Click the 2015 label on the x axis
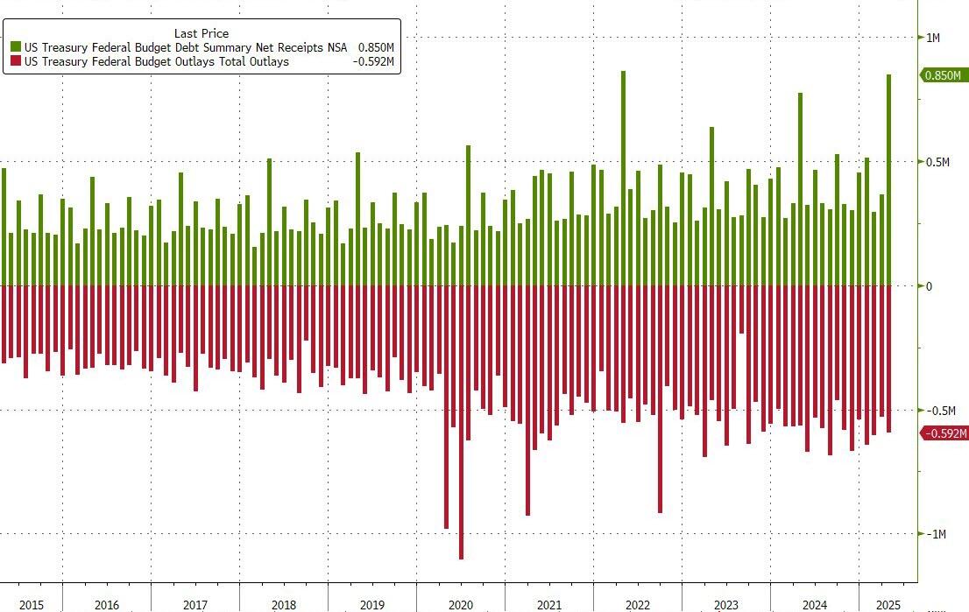pyautogui.click(x=31, y=605)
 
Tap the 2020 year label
pyautogui.click(x=460, y=605)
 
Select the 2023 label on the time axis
pyautogui.click(x=725, y=605)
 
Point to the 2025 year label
pyautogui.click(x=888, y=605)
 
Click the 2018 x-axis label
pyautogui.click(x=284, y=605)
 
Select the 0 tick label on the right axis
pyautogui.click(x=930, y=286)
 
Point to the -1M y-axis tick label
pyautogui.click(x=936, y=534)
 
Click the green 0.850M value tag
pyautogui.click(x=943, y=76)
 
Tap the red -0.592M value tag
pyautogui.click(x=944, y=433)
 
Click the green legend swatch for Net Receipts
pyautogui.click(x=15, y=47)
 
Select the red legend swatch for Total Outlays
pyautogui.click(x=15, y=61)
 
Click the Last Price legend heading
pyautogui.click(x=202, y=33)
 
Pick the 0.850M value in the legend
pyautogui.click(x=376, y=47)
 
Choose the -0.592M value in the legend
pyautogui.click(x=374, y=61)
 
